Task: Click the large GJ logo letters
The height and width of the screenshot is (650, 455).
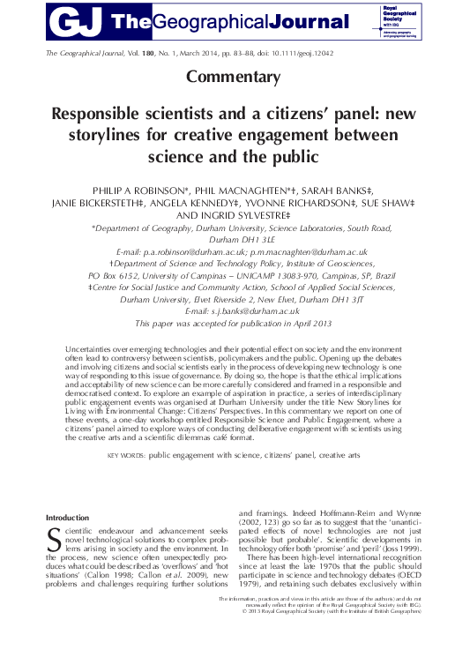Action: tap(77, 19)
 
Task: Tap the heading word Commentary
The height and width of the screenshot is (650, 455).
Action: tap(227, 77)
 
